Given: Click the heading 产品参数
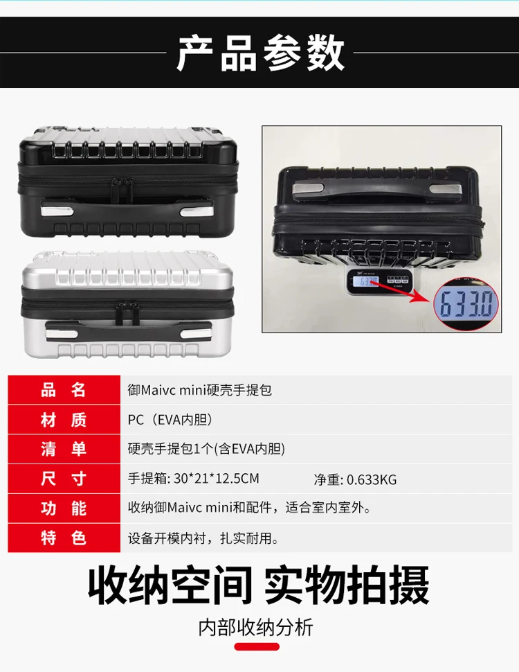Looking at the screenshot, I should (260, 53).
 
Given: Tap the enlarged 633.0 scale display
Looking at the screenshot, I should (466, 303).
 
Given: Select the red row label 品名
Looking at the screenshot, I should (64, 390).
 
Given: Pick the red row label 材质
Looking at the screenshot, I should (64, 420).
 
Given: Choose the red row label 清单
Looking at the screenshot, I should (64, 449).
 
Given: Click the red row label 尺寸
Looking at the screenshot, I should (64, 479).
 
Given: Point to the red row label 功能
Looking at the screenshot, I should (64, 509).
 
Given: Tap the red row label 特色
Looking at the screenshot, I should (64, 538).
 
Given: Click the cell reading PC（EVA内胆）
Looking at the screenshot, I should (170, 420).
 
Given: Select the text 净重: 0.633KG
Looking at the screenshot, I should (355, 479).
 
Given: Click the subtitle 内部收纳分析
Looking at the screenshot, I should (256, 628).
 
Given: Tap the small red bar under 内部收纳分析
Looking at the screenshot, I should (257, 647).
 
